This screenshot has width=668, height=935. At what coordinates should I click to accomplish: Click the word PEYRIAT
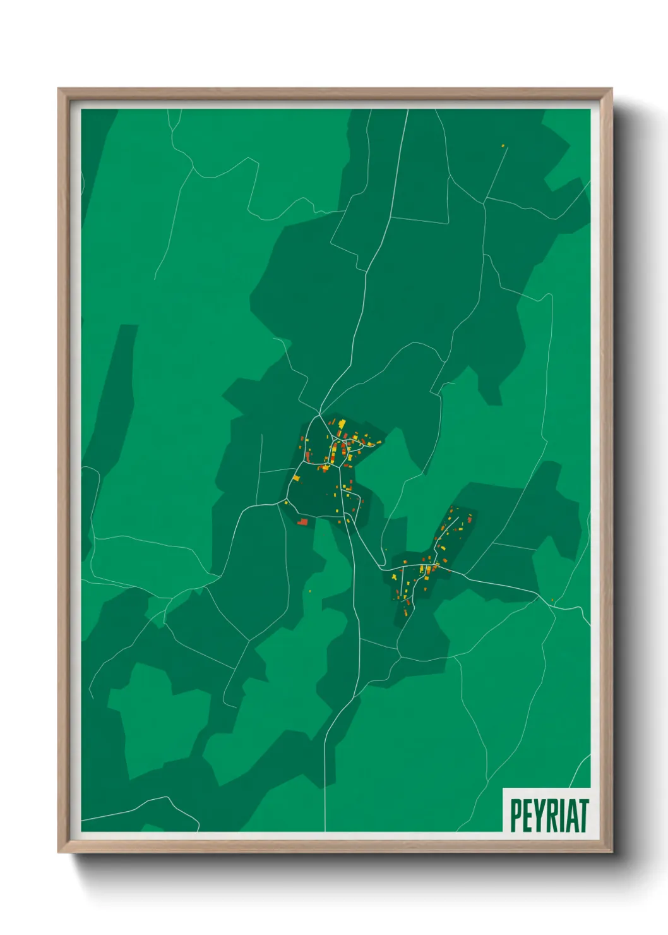click(x=549, y=815)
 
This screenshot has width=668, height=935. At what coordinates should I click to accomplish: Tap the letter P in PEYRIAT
click(x=515, y=815)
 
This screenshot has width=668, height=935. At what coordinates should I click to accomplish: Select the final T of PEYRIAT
click(x=583, y=815)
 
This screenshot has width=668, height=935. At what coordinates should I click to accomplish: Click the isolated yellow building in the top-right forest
click(x=503, y=146)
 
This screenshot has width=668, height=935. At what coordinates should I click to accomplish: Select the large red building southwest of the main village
click(x=302, y=522)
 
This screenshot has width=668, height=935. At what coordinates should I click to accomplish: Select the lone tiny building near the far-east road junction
click(x=552, y=600)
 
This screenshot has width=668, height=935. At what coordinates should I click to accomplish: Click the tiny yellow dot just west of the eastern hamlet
click(x=385, y=550)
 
